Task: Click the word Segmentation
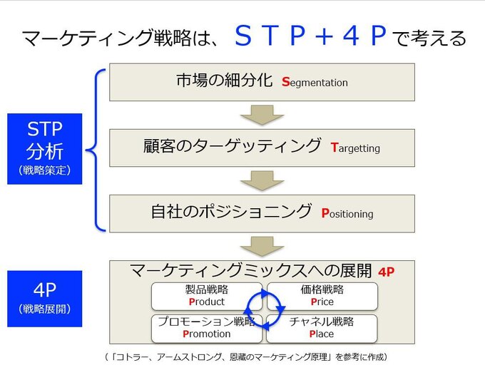(x=315, y=83)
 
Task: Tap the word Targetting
(x=355, y=148)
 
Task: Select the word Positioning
(x=347, y=214)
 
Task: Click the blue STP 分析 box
(x=45, y=149)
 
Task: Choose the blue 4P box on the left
(x=45, y=299)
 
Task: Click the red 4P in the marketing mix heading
(x=387, y=272)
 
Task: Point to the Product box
(x=207, y=296)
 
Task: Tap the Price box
(x=322, y=296)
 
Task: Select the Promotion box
(x=207, y=329)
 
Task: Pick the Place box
(x=322, y=329)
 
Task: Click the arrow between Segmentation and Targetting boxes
(x=262, y=115)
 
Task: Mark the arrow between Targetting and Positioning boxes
(x=262, y=180)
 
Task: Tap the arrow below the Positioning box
(x=262, y=247)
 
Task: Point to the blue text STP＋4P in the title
(x=311, y=36)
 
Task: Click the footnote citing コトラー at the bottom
(x=246, y=357)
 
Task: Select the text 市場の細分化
(x=225, y=80)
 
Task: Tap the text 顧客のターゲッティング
(x=233, y=145)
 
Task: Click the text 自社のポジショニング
(x=231, y=212)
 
